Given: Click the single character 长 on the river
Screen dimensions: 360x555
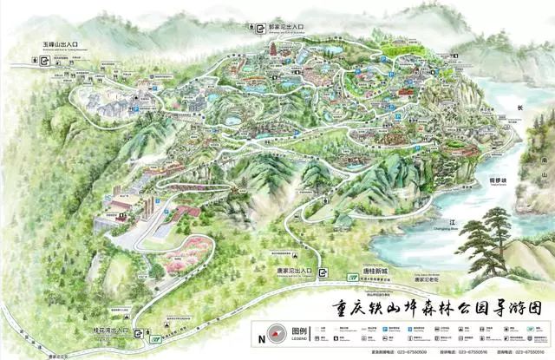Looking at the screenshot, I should pos(520,108).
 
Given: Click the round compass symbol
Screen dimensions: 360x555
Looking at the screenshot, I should pos(277,333).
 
